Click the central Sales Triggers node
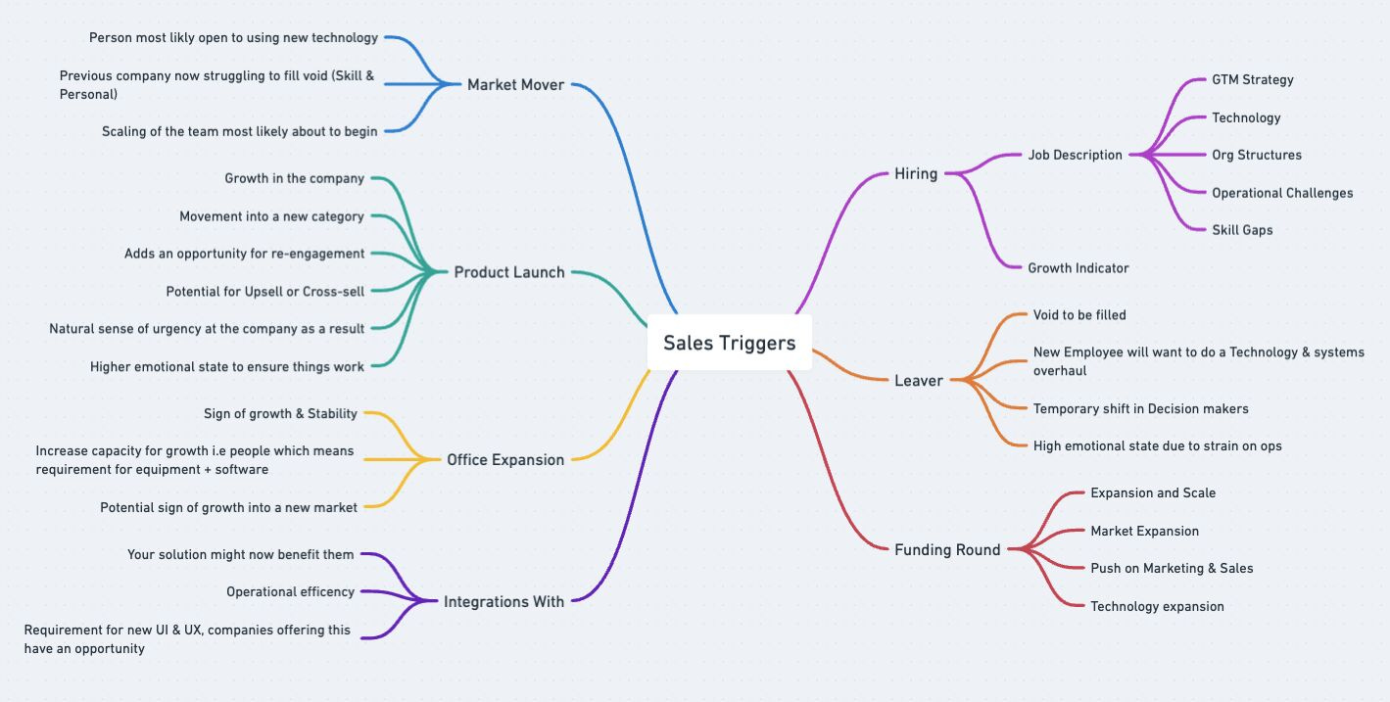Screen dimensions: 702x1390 coord(729,343)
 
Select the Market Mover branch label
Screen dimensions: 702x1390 coord(515,85)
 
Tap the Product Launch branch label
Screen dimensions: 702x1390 coord(509,272)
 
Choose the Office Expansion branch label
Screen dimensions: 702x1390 coord(505,460)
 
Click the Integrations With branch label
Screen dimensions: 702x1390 coord(503,602)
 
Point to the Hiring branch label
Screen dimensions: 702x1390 coord(916,174)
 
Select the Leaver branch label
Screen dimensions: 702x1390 coord(919,381)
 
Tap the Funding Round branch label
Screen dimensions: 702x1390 coord(947,550)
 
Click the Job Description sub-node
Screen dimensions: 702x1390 coord(1075,155)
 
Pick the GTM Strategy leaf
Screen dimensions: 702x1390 coord(1252,80)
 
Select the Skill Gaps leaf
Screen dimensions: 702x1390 coord(1242,230)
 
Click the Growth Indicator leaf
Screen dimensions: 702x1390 coord(1078,268)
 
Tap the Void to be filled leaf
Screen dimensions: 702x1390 coord(1079,315)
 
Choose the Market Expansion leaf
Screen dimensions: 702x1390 coord(1144,532)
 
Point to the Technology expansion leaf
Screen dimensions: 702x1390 coord(1157,607)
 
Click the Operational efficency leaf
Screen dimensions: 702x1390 coord(290,592)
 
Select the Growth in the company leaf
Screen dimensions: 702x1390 coord(294,179)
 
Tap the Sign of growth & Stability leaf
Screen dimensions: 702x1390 coord(280,414)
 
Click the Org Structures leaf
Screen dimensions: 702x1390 coord(1257,155)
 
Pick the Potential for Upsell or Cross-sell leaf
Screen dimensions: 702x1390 coord(264,292)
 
